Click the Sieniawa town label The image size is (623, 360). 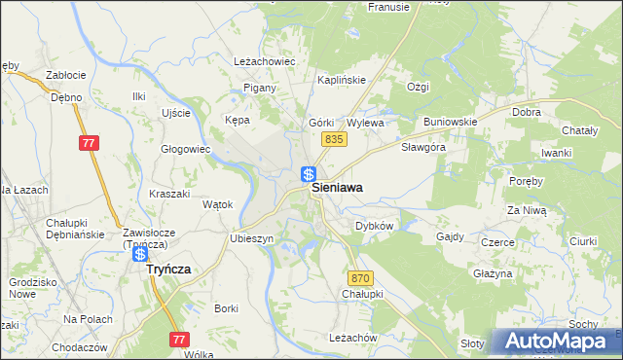[345, 192]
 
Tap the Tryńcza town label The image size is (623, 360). [168, 270]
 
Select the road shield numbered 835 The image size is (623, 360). [334, 140]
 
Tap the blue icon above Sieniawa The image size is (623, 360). [308, 175]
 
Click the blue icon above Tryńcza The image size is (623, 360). [140, 254]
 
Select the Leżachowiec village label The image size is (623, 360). [265, 60]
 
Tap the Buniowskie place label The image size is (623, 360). [450, 122]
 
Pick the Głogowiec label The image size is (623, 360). [186, 149]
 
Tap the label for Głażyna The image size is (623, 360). [493, 273]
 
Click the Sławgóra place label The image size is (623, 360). [423, 147]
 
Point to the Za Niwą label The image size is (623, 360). [525, 209]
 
